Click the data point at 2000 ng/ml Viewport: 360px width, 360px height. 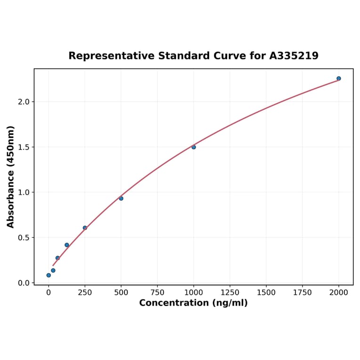[338, 78]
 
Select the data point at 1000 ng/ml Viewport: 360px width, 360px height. [194, 147]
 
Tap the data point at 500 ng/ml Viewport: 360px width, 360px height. [121, 198]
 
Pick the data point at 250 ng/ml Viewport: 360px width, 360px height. [85, 228]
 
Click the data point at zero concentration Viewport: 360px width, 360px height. [49, 275]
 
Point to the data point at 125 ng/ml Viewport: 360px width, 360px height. [67, 245]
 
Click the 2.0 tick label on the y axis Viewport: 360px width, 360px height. [24, 102]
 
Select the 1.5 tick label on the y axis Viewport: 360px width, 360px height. [24, 147]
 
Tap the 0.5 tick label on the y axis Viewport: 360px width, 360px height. [24, 237]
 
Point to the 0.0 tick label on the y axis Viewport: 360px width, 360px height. [24, 283]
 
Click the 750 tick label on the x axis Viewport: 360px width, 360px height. [157, 293]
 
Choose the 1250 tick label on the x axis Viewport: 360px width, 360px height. [230, 293]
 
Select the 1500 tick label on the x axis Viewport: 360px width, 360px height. [266, 293]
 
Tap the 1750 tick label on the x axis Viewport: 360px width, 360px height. [303, 293]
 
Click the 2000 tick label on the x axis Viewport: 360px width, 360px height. [339, 293]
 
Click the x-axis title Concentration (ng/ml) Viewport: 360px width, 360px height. [193, 303]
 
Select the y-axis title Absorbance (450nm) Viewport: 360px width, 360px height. [11, 177]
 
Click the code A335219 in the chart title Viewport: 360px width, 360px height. [294, 56]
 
